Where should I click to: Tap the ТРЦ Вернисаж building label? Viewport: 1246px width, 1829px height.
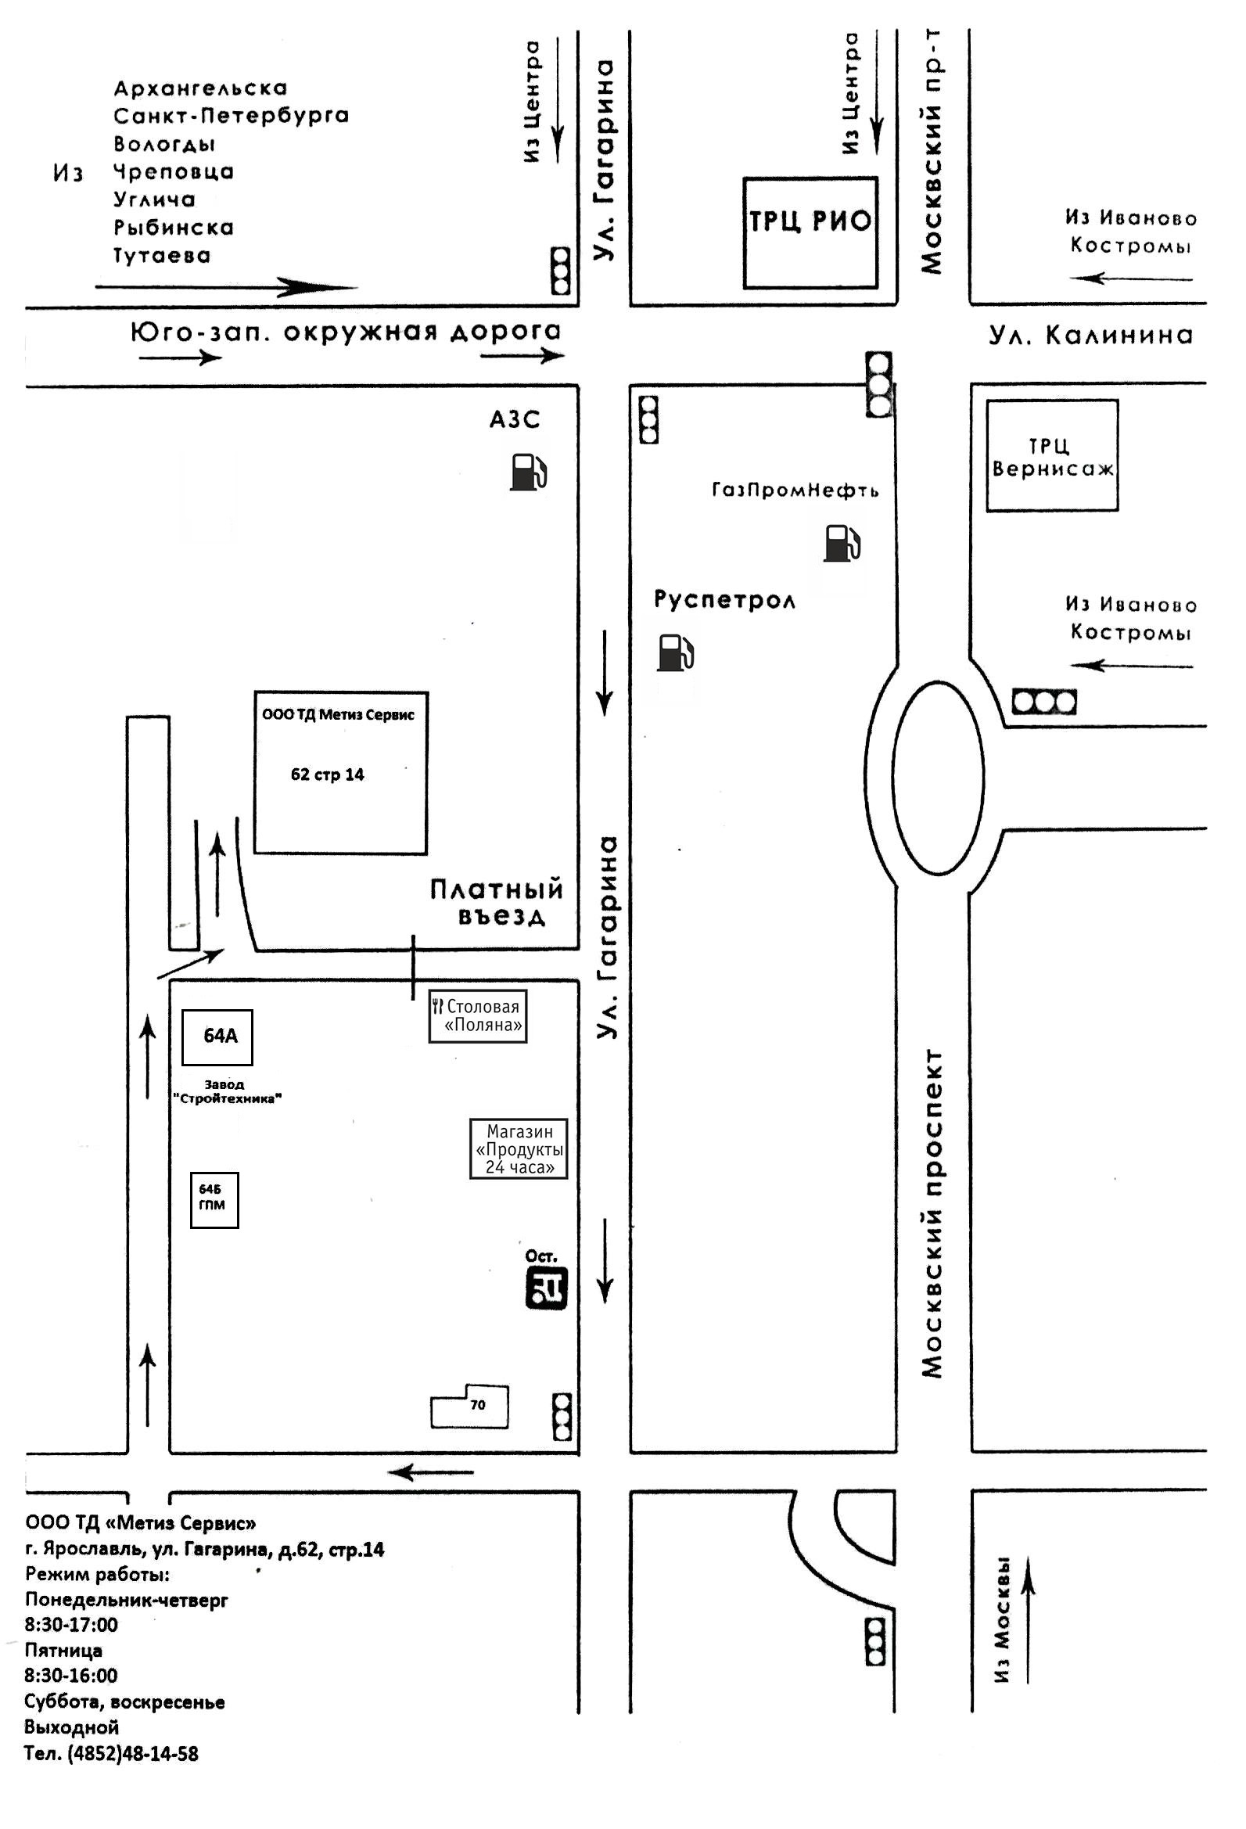(1052, 457)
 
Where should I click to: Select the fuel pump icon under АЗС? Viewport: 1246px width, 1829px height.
(528, 473)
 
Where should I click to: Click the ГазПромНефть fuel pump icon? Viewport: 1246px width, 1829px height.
(842, 543)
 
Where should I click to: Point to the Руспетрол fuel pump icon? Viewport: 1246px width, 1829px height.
(675, 652)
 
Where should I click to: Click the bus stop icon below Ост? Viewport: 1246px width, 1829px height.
(546, 1289)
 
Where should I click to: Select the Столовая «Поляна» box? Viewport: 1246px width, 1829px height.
(478, 1016)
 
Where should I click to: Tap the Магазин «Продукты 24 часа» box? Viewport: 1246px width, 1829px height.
(519, 1148)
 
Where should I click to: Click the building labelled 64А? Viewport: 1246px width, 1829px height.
(217, 1037)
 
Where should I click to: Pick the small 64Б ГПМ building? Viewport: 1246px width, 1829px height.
(214, 1200)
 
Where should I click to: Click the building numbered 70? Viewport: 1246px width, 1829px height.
(470, 1406)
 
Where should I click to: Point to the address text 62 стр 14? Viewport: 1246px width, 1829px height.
(328, 774)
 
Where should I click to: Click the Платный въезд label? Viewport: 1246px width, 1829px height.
(497, 903)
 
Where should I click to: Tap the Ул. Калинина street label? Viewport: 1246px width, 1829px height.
(1091, 336)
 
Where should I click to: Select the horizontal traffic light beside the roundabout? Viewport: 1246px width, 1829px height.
(1043, 702)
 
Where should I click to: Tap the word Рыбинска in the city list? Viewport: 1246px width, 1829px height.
(174, 228)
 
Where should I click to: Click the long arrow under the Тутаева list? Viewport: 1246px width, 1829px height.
(227, 287)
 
